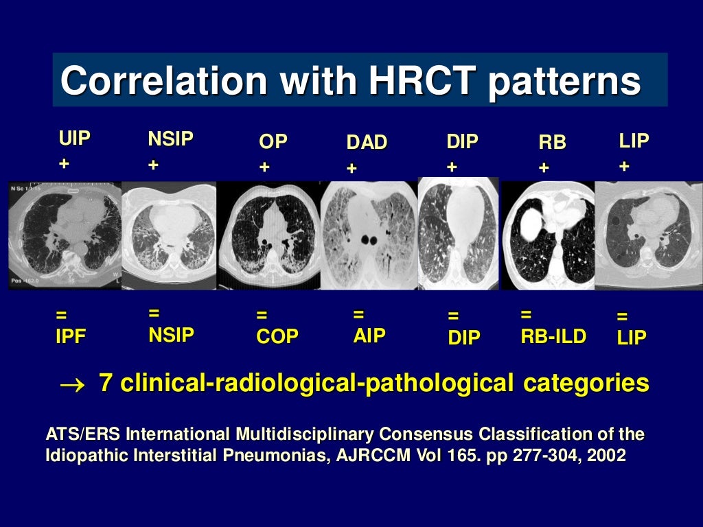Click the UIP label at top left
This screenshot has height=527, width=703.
(74, 139)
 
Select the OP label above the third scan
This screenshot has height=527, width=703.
(273, 142)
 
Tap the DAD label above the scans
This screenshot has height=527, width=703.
(367, 143)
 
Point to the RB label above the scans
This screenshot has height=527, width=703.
(552, 143)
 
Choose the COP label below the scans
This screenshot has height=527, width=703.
(277, 337)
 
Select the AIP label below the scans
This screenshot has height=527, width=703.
(369, 335)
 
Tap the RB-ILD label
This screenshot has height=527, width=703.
(553, 336)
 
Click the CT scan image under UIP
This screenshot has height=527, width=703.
(65, 235)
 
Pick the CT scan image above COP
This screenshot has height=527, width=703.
(269, 235)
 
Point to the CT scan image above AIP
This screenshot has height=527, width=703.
(369, 235)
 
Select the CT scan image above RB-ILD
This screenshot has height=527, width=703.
(548, 235)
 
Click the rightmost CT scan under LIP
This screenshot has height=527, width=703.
(648, 235)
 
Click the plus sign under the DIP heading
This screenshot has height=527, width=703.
(452, 167)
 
